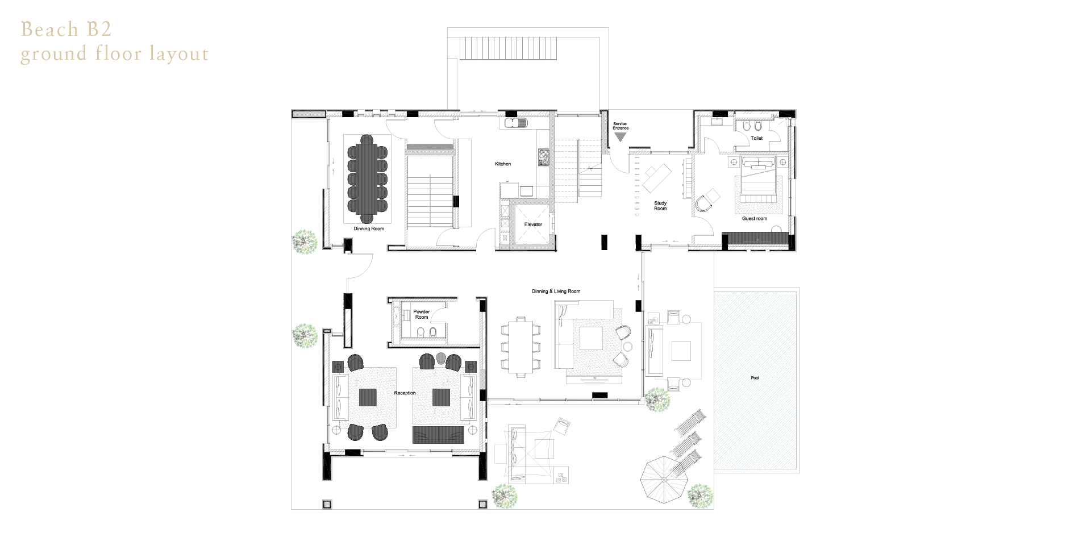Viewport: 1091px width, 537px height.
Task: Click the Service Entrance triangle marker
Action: pyautogui.click(x=621, y=137)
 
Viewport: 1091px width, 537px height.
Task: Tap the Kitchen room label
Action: pyautogui.click(x=503, y=164)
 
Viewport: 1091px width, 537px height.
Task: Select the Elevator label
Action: pyautogui.click(x=533, y=224)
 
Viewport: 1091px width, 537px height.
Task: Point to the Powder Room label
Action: pyautogui.click(x=422, y=314)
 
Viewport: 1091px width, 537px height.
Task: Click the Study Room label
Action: pyautogui.click(x=660, y=206)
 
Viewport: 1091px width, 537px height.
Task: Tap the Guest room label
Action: pyautogui.click(x=755, y=218)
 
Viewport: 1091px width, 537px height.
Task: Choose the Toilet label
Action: pyautogui.click(x=757, y=138)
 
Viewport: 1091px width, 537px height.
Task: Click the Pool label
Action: pyautogui.click(x=755, y=378)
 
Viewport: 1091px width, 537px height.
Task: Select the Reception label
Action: pyautogui.click(x=405, y=393)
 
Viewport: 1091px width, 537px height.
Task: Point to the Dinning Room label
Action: pyautogui.click(x=369, y=228)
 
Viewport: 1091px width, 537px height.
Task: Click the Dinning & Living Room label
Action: pyautogui.click(x=556, y=292)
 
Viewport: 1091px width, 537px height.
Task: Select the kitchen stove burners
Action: pyautogui.click(x=543, y=157)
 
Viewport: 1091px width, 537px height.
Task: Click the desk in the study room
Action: pyautogui.click(x=657, y=178)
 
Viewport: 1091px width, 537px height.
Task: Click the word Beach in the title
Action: pyautogui.click(x=50, y=29)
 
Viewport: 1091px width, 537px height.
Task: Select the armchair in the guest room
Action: pyautogui.click(x=705, y=201)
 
